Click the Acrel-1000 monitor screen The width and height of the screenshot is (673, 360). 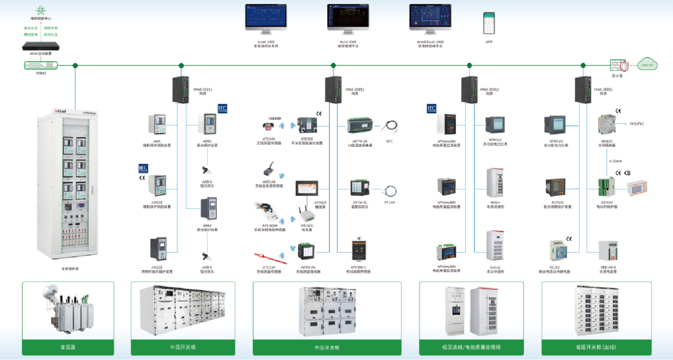point(266,17)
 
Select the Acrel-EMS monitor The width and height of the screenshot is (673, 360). point(348,17)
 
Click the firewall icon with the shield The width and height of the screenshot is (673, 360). point(619,65)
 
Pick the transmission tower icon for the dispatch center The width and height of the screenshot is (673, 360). point(40,10)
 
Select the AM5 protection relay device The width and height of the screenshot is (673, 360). point(157,124)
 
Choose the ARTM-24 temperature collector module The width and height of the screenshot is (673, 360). point(361,126)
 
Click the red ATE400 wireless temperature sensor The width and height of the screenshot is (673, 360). point(268,126)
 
